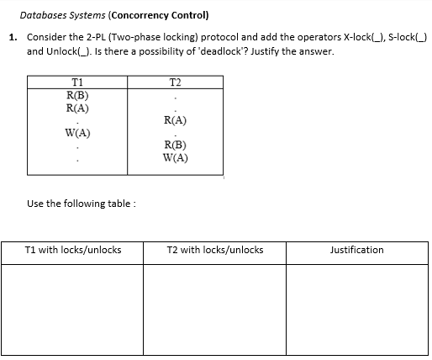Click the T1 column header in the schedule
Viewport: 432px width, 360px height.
pos(77,82)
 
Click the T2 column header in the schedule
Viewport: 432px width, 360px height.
pos(174,82)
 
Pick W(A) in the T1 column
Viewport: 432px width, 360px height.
pos(77,134)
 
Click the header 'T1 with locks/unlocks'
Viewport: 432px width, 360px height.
pos(74,250)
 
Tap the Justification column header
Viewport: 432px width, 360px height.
pos(357,250)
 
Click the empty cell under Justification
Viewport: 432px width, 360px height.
pos(357,310)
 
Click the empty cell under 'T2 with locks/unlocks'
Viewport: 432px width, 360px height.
pos(215,310)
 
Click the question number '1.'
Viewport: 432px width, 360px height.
pos(13,38)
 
